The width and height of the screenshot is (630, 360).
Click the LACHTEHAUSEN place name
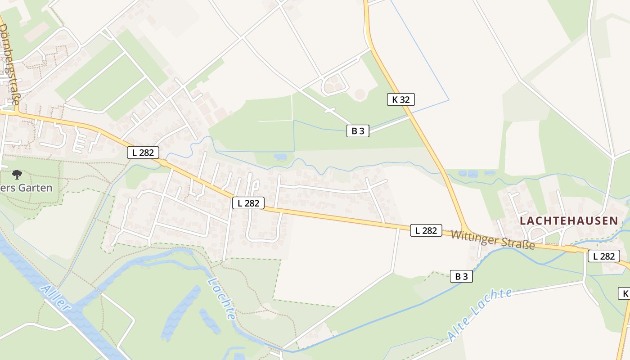(x=569, y=220)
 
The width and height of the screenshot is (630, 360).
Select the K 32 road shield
(x=400, y=99)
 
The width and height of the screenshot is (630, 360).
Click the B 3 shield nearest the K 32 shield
(x=358, y=131)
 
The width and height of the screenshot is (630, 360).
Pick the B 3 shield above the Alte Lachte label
(x=461, y=276)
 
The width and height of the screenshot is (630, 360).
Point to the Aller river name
(x=55, y=297)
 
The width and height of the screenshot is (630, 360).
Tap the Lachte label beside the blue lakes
(x=221, y=298)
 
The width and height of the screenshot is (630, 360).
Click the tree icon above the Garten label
(x=17, y=174)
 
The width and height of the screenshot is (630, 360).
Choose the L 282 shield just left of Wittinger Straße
(x=426, y=230)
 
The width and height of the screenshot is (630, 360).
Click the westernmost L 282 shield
(x=143, y=153)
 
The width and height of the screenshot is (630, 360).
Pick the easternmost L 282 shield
(x=603, y=256)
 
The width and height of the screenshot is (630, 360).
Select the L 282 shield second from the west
(x=248, y=203)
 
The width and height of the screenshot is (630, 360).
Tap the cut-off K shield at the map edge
(x=624, y=294)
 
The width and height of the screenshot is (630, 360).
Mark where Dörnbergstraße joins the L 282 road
(x=16, y=113)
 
